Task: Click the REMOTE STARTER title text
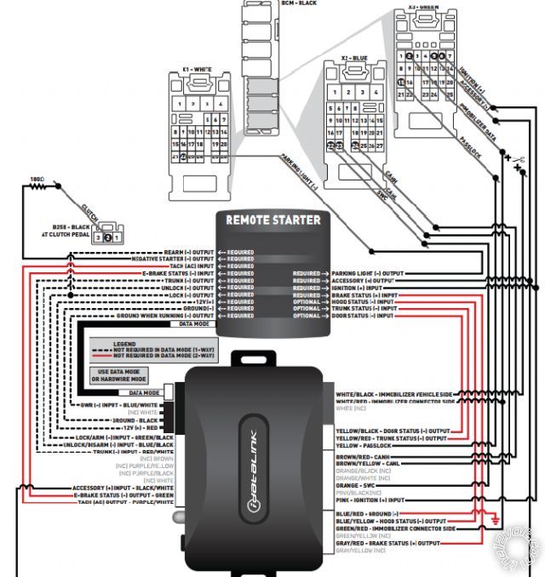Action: pyautogui.click(x=272, y=220)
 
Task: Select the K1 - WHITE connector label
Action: pyautogui.click(x=197, y=70)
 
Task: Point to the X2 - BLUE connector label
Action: pyautogui.click(x=354, y=59)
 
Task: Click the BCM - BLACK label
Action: pyautogui.click(x=299, y=3)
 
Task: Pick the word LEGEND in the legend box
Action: pyautogui.click(x=124, y=343)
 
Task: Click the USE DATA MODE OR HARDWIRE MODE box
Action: pyautogui.click(x=118, y=374)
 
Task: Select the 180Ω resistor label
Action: pyautogui.click(x=37, y=180)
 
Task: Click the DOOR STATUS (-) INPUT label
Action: pyautogui.click(x=364, y=316)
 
